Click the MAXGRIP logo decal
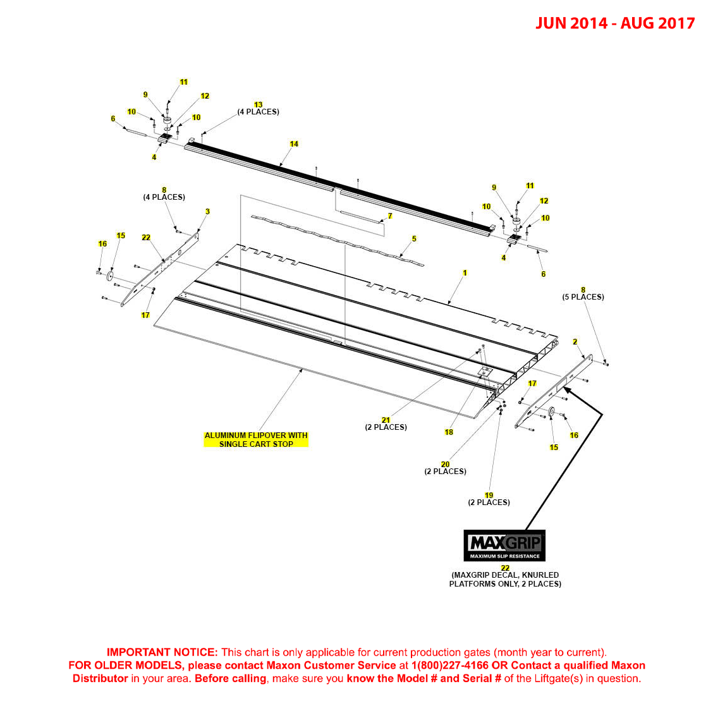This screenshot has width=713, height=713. tap(504, 545)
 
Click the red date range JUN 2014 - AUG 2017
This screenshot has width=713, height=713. tap(615, 23)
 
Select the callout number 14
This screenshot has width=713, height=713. tap(294, 144)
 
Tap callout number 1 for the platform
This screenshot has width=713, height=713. tap(465, 273)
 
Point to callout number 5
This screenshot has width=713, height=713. tap(414, 239)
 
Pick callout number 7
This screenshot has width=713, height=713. tap(390, 216)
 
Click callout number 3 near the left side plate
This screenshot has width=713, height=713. tap(207, 212)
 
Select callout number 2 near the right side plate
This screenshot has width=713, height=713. tap(575, 342)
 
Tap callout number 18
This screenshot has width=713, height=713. tap(449, 432)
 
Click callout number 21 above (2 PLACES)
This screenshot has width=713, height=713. tap(386, 420)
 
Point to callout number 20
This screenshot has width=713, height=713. tap(445, 465)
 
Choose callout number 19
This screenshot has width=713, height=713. tap(489, 496)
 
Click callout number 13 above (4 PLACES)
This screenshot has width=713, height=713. tap(258, 105)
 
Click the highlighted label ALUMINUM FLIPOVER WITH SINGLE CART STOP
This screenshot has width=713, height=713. tap(256, 439)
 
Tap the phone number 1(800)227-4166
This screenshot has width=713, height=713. tap(449, 666)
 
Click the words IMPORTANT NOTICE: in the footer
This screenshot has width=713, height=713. tap(162, 652)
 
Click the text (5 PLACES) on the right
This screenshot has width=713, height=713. tap(583, 297)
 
